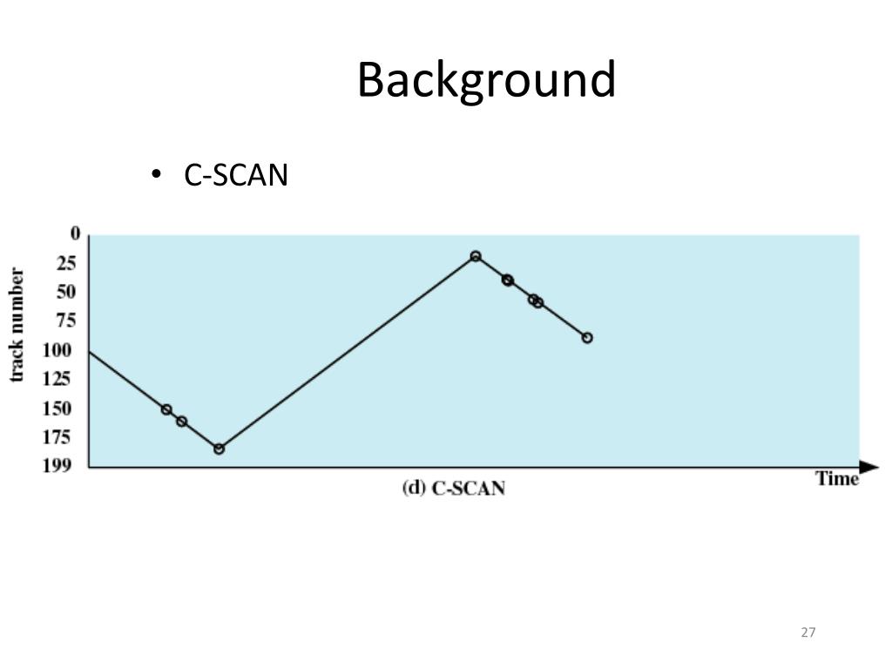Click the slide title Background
pos(486,81)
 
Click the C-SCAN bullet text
pos(235,174)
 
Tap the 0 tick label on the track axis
pos(75,233)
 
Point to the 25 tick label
pos(66,263)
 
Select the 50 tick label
pos(66,292)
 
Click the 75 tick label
pos(66,321)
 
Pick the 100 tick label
pos(57,350)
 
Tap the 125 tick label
pos(57,379)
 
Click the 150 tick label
pos(57,409)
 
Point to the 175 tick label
pos(57,437)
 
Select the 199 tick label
pos(57,465)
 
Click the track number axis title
pos(17,326)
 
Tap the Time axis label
pos(837,479)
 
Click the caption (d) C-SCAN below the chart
pos(453,489)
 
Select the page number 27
pos(808,632)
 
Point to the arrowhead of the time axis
pos(869,467)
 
